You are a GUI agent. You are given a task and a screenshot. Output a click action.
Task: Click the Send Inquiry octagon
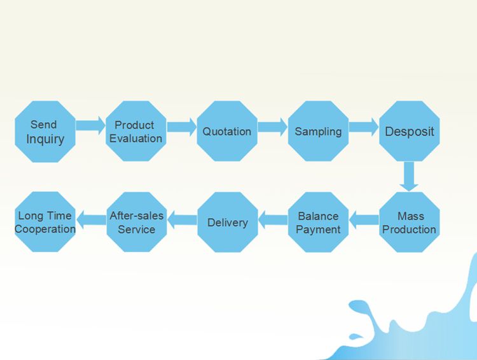pos(45,132)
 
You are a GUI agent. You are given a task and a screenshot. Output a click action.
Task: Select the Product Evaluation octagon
pos(136,131)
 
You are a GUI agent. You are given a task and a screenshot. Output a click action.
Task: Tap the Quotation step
pos(227,131)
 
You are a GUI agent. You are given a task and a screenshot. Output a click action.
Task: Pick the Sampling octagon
pos(318,131)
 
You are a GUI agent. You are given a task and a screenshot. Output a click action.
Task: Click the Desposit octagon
pos(410,131)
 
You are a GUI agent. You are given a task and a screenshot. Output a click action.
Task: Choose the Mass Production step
pos(410,222)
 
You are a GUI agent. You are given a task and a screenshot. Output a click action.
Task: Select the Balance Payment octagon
pos(318,222)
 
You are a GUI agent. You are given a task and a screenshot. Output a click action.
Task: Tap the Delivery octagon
pos(228,222)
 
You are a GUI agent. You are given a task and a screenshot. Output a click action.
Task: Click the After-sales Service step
pos(137,222)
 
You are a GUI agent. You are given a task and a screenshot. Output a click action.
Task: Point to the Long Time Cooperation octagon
pos(45,222)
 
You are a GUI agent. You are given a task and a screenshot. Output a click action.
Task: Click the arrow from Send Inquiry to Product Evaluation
pos(91,125)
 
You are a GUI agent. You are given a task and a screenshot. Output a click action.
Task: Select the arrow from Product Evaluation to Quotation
pos(182,127)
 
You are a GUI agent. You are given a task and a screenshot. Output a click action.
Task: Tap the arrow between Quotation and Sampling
pos(273,127)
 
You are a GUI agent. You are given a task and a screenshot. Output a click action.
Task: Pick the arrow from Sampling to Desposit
pos(364,127)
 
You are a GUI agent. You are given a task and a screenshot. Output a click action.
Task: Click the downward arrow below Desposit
pos(409,176)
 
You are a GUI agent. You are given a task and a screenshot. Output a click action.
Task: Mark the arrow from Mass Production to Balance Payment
pos(364,219)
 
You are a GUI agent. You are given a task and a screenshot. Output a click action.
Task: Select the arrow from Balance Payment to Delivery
pos(273,219)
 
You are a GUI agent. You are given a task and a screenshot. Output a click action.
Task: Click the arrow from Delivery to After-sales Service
pos(183,219)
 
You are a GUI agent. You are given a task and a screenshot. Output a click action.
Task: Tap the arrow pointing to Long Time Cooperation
pos(91,219)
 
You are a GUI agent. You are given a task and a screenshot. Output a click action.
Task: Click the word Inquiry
pos(45,139)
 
